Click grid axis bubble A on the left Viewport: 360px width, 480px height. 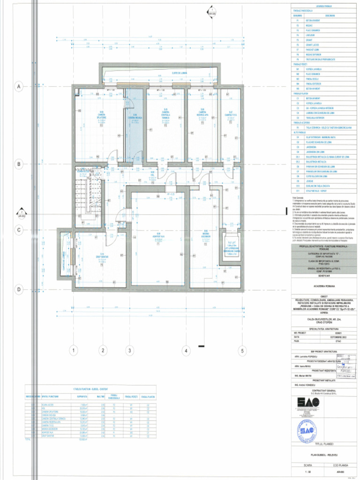[19, 86]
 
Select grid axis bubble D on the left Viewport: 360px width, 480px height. [19, 290]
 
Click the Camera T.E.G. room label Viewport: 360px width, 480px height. [230, 115]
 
